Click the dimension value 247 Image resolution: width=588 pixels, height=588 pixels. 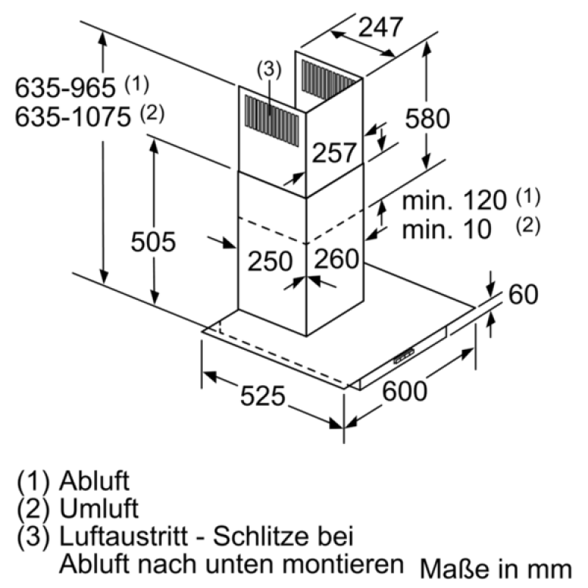[x=380, y=27]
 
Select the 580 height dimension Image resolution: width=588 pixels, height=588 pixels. [x=427, y=118]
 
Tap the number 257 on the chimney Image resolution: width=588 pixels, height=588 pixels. [x=334, y=153]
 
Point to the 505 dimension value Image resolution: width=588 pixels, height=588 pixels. [x=153, y=242]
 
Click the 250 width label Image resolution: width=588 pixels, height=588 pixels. [x=270, y=261]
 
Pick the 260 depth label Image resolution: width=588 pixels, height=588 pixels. [x=337, y=259]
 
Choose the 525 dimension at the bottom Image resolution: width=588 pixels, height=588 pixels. [x=262, y=395]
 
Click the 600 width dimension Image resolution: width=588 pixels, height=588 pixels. [x=404, y=391]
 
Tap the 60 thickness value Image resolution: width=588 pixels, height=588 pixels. [x=523, y=294]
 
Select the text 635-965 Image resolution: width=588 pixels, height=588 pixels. [x=65, y=87]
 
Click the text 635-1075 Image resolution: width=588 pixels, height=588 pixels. [x=73, y=117]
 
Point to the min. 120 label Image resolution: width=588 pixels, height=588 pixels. [x=454, y=200]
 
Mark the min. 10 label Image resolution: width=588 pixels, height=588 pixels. [x=446, y=229]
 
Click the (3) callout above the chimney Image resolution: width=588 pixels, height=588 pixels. [x=269, y=69]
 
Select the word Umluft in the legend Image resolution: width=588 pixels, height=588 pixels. [x=99, y=509]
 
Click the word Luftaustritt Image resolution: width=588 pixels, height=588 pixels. [x=123, y=537]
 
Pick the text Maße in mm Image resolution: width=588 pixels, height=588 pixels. [x=495, y=569]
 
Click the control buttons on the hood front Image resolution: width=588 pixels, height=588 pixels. [x=404, y=356]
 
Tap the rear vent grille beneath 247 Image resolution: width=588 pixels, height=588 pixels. [x=329, y=80]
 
